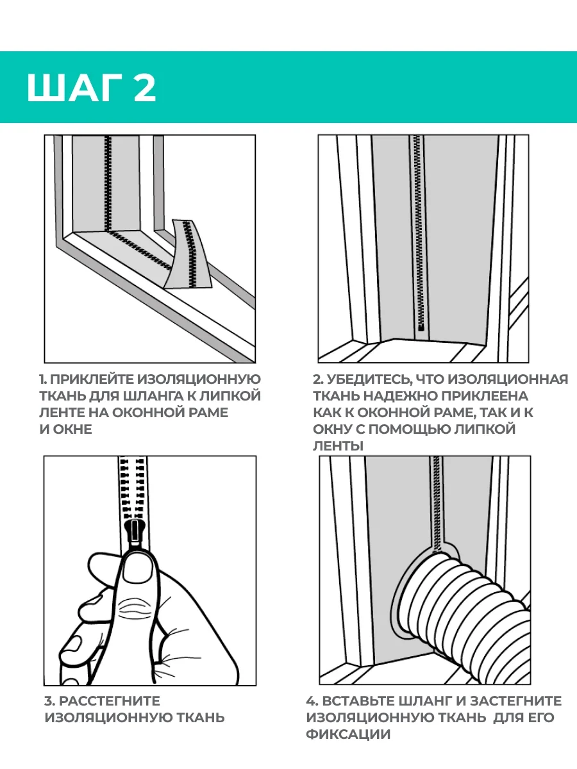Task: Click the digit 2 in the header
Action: point(144,88)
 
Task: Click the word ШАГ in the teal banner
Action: point(74,88)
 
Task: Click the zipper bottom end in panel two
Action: point(421,328)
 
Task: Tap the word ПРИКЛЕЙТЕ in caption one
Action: point(92,379)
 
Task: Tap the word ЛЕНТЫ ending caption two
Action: point(338,446)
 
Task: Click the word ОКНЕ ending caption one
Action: point(72,429)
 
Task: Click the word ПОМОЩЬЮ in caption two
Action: point(409,429)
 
